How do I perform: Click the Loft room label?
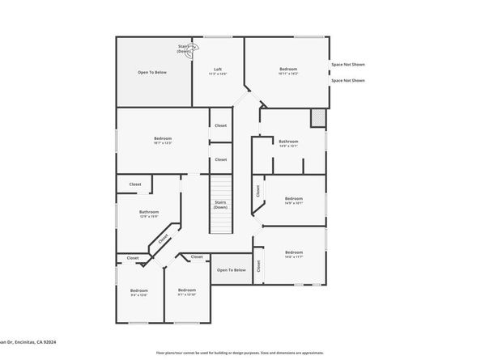coord(219,71)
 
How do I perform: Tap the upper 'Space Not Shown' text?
coord(347,64)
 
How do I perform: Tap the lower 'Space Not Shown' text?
coord(347,80)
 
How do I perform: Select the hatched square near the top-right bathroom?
coord(318,118)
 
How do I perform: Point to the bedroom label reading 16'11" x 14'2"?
coord(288,71)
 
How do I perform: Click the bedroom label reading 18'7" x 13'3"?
coord(163,141)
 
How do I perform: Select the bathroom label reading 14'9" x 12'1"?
coord(289,143)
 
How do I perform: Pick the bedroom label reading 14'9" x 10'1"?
coord(293,200)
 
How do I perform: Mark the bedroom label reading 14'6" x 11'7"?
coord(293,254)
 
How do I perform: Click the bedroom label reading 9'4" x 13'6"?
coord(139,292)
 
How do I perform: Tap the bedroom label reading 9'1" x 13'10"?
coord(187,292)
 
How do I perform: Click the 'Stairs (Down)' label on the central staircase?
coord(220,205)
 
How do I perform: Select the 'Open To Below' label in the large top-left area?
coord(152,73)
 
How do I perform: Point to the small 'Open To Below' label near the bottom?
coord(232,270)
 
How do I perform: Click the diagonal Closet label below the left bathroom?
coord(164,239)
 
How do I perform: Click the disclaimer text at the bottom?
coord(240,353)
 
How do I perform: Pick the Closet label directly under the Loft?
coord(221,125)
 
